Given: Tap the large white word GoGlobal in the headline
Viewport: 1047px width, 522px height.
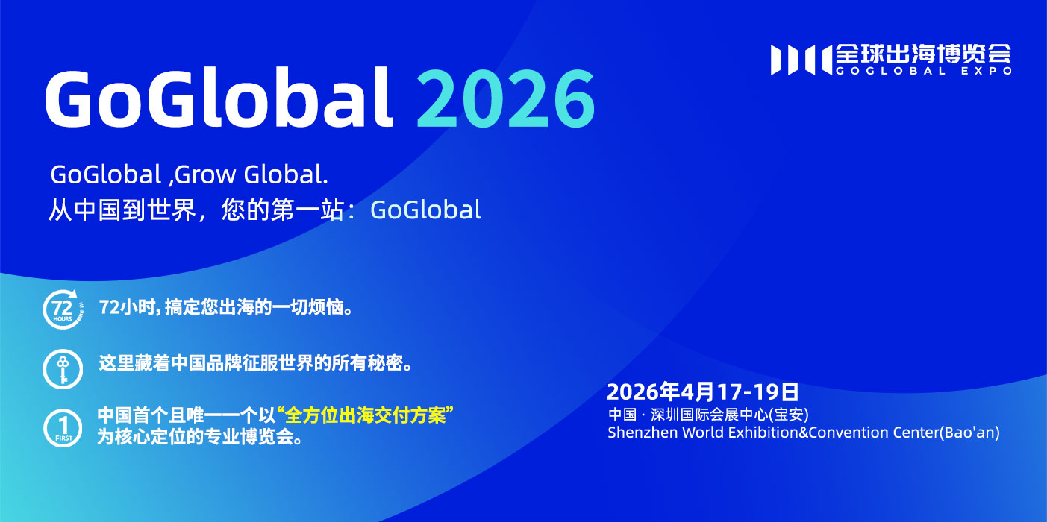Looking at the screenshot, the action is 219,97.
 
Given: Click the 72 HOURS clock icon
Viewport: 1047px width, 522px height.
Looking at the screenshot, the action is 63,309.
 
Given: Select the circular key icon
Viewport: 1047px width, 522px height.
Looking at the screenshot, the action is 63,369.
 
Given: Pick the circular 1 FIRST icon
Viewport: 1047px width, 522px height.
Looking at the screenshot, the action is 63,428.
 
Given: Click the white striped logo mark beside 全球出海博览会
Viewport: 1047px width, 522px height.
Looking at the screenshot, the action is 801,60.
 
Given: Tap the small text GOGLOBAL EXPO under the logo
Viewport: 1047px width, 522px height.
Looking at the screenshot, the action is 924,71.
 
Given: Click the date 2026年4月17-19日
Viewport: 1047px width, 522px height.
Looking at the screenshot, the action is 702,391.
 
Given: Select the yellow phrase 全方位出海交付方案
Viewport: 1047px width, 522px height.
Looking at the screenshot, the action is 365,415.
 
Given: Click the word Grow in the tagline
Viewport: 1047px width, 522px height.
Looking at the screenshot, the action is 205,174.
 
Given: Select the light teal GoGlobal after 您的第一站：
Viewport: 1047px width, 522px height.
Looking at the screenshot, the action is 425,210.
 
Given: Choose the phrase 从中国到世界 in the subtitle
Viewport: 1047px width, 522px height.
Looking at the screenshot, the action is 122,210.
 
